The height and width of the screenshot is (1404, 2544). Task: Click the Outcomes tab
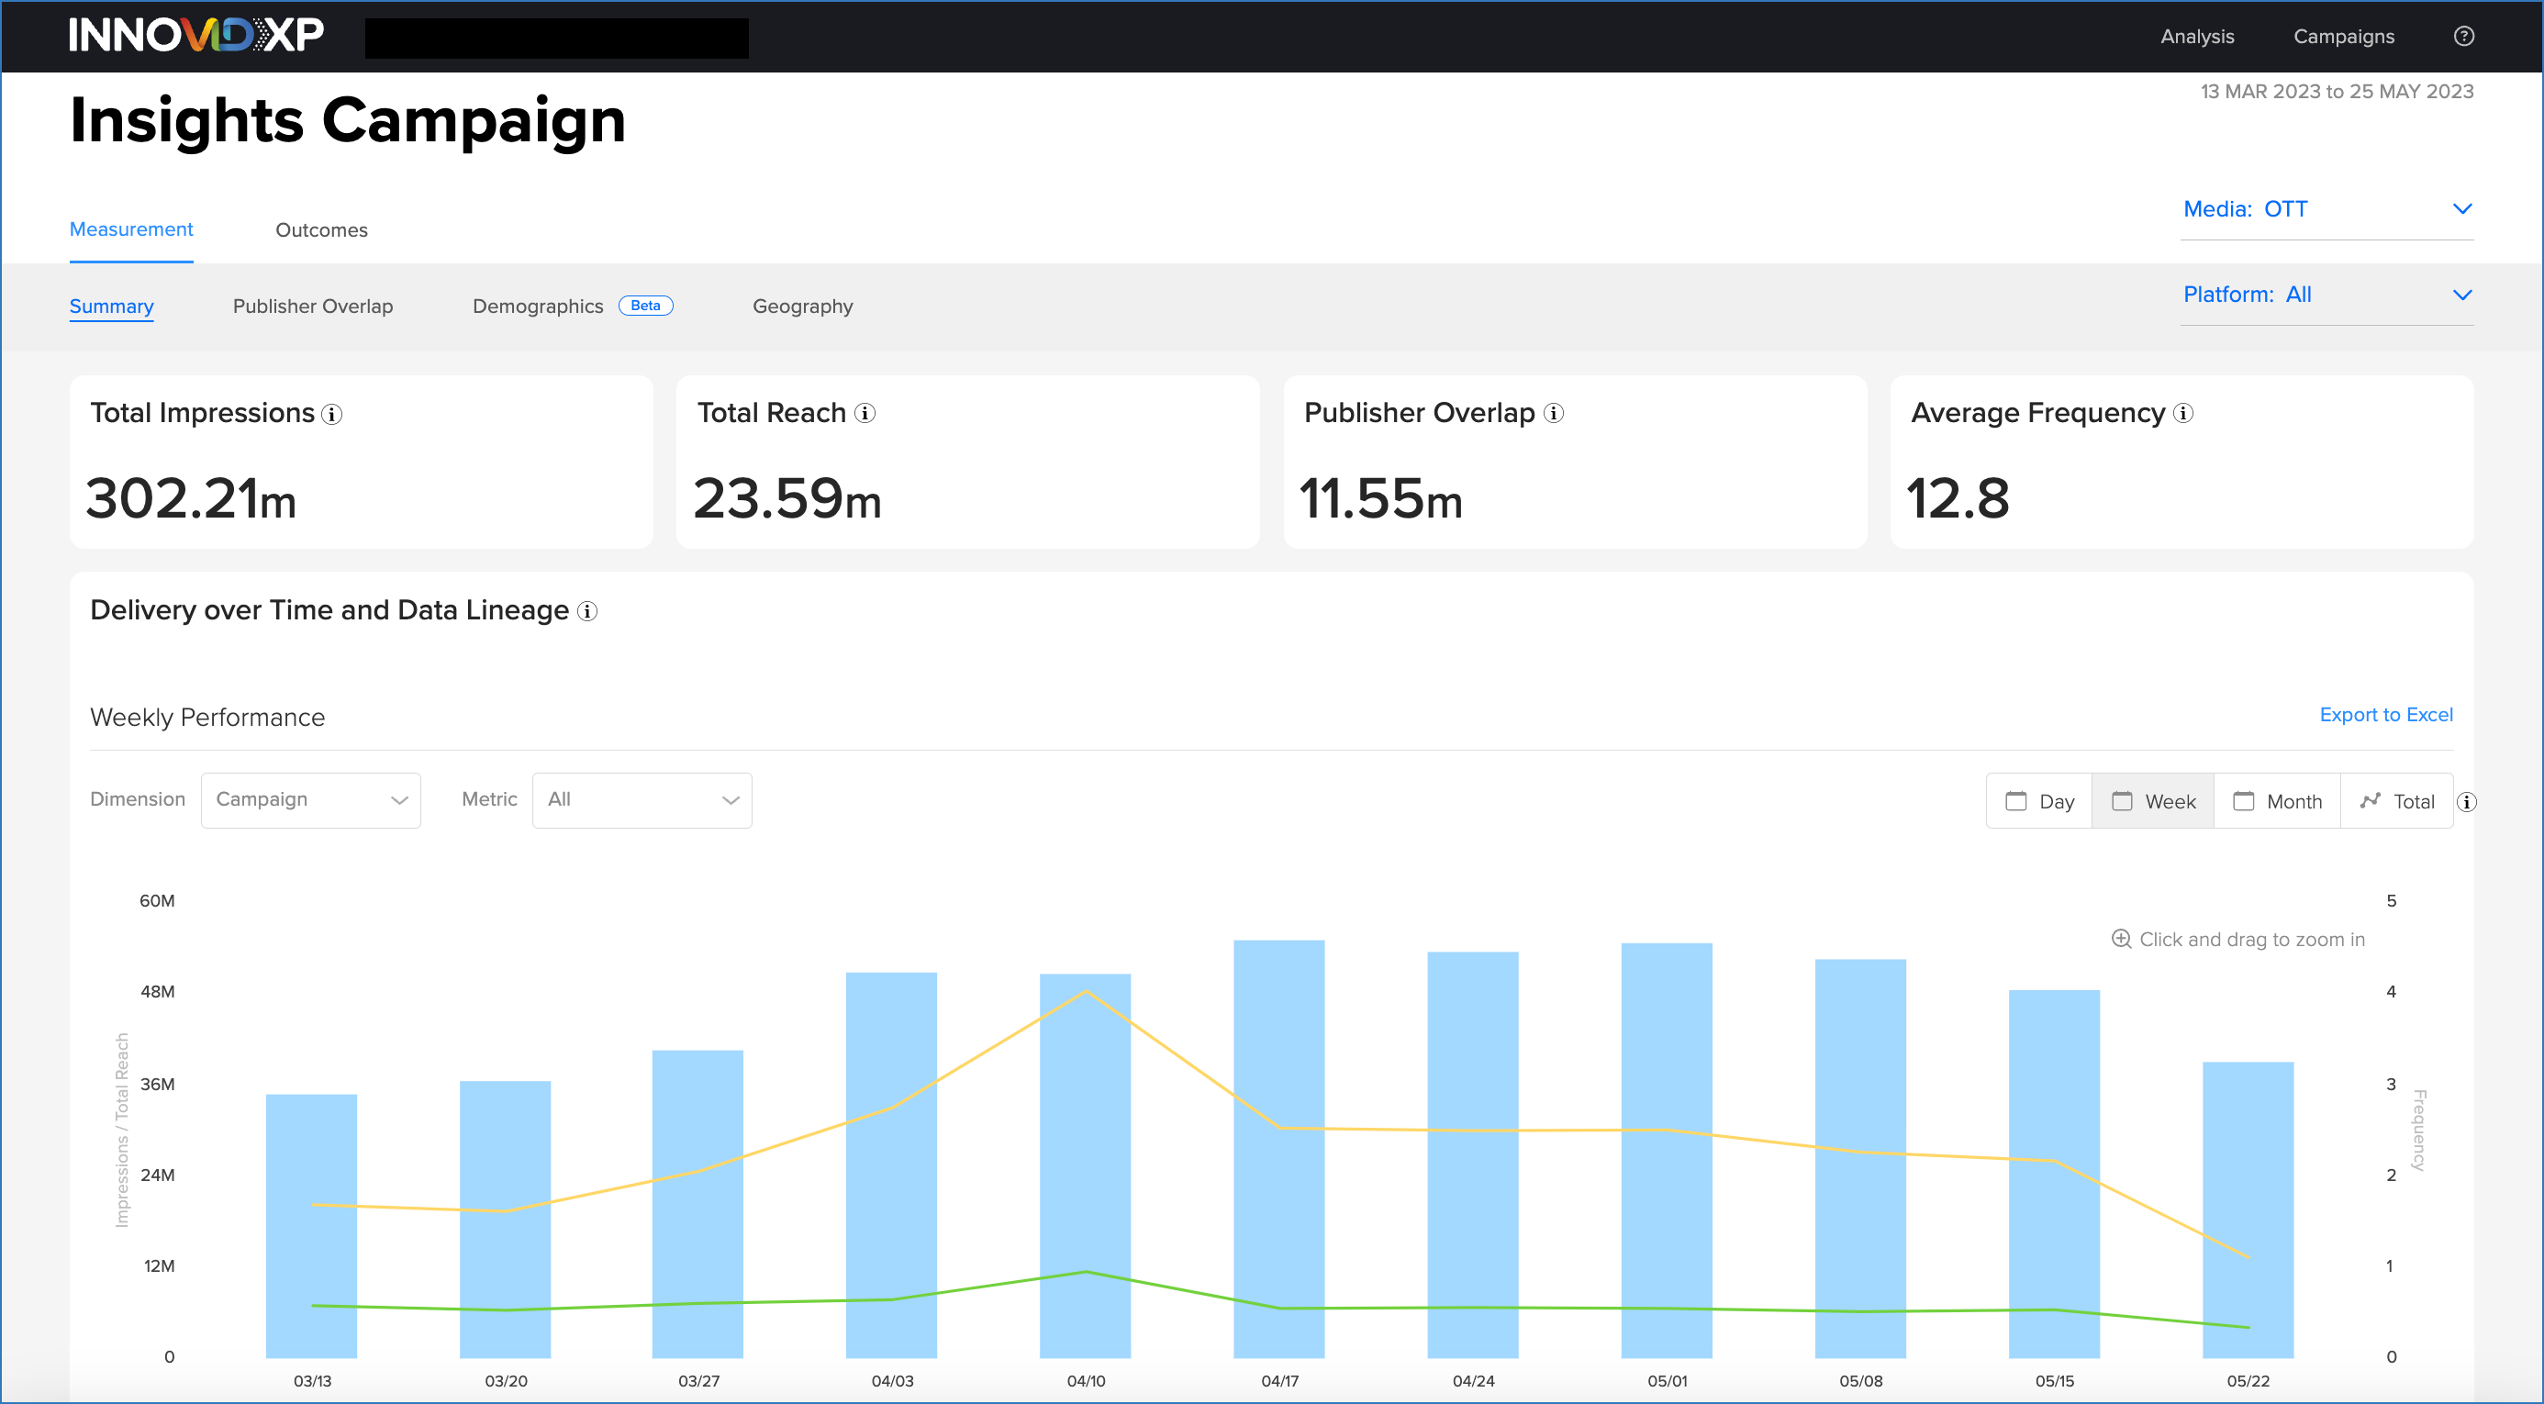coord(321,230)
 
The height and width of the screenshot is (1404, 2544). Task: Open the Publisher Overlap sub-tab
coord(312,306)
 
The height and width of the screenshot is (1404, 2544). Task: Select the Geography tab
coord(802,306)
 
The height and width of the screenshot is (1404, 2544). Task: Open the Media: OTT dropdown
coord(2326,209)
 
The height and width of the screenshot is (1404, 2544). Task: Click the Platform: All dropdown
coord(2326,295)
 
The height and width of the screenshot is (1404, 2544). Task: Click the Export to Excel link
coord(2385,714)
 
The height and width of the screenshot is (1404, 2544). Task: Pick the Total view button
coord(2397,801)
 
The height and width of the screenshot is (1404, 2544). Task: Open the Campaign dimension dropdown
coord(310,800)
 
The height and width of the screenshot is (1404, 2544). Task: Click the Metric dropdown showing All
coord(642,800)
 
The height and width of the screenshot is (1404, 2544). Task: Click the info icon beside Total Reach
coord(865,414)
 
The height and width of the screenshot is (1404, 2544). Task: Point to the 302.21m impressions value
coord(191,497)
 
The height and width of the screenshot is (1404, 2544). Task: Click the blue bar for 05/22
coord(2247,1209)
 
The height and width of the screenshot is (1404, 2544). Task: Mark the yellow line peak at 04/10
coord(1086,990)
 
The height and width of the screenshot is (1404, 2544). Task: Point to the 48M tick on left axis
coord(157,991)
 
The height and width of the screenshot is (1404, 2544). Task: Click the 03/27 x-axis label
coord(698,1380)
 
